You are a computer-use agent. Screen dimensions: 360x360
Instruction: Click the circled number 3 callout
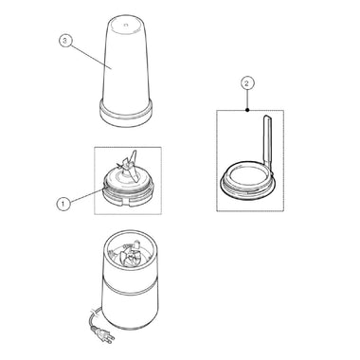(65, 41)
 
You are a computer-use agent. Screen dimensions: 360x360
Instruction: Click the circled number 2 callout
(247, 83)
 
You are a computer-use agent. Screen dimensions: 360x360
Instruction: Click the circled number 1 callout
(63, 204)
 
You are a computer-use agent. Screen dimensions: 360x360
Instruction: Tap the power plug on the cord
(104, 335)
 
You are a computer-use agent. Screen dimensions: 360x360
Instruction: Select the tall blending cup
(126, 71)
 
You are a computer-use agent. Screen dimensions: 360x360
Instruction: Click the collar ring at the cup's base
(126, 113)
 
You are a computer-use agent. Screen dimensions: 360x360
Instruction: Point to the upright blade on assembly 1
(133, 166)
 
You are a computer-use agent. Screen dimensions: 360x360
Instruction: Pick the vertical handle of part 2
(268, 140)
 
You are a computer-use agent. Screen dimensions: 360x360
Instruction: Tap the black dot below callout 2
(247, 110)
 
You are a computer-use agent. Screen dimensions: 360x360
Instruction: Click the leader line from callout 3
(90, 55)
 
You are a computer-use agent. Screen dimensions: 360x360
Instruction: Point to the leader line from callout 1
(85, 196)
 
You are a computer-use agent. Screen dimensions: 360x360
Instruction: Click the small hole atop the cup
(125, 24)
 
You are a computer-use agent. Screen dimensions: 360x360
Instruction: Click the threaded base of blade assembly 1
(128, 197)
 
